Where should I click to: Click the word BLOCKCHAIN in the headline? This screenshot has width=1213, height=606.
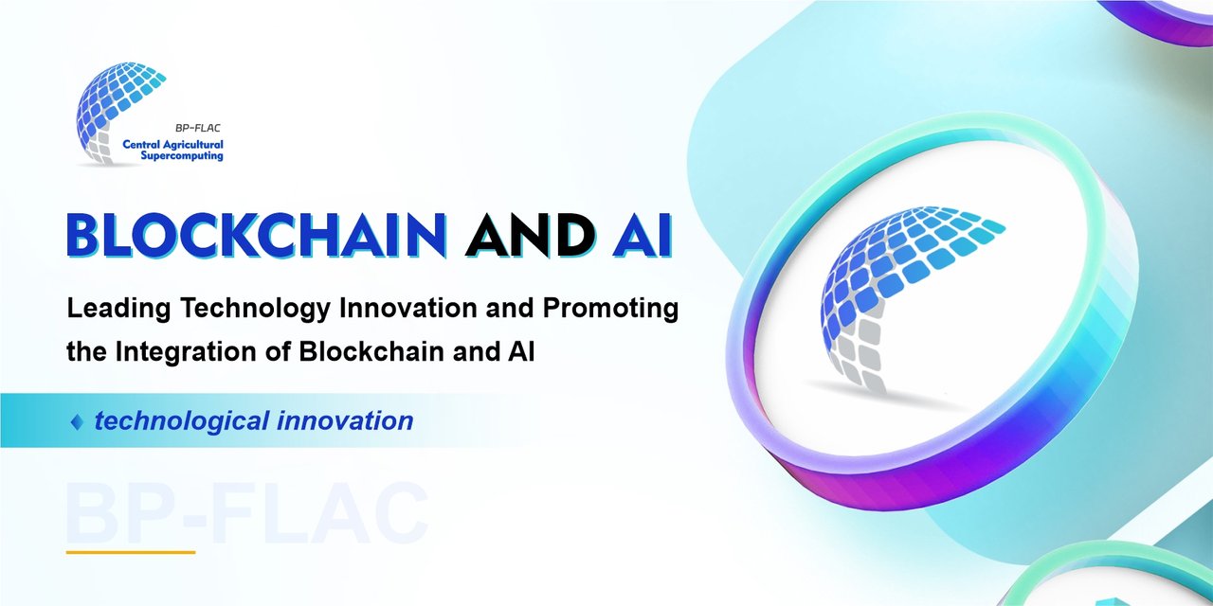(256, 236)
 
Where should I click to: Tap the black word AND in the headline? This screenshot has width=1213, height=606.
(530, 236)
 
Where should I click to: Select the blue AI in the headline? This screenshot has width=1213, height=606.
(643, 236)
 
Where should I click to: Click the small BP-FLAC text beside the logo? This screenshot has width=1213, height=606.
(198, 128)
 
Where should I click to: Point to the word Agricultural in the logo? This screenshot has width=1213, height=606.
(192, 145)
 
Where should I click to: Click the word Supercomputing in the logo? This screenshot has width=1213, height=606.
(182, 156)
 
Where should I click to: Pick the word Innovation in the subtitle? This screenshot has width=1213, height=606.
(408, 308)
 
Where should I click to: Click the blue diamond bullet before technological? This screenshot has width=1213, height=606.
(77, 422)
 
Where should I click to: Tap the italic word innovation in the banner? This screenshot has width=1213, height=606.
(346, 421)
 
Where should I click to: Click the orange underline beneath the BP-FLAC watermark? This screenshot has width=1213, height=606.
(131, 552)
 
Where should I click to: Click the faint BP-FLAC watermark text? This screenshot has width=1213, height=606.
(246, 514)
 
